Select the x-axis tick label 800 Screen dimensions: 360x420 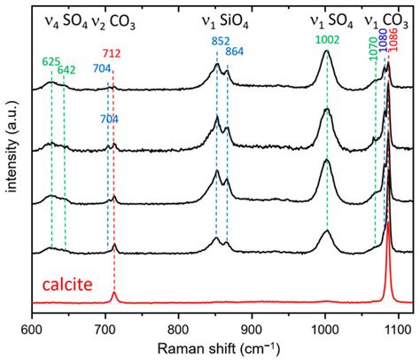point(178,326)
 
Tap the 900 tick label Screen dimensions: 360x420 point(252,326)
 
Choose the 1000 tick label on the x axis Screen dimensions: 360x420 point(324,326)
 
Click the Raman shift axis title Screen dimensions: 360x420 point(216,347)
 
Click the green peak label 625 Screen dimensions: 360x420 point(51,61)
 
